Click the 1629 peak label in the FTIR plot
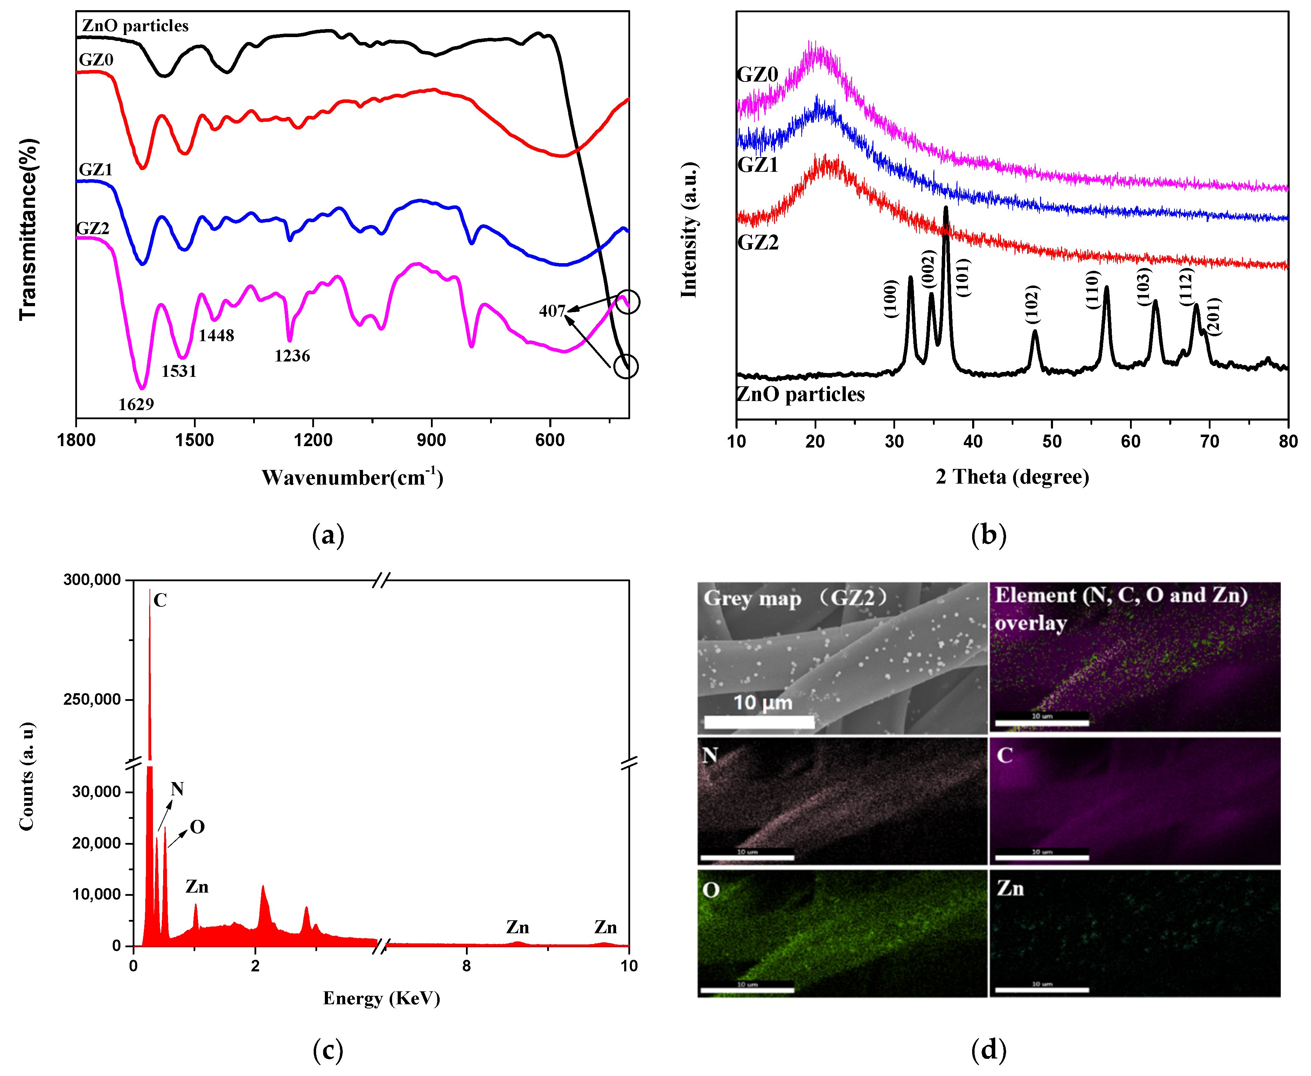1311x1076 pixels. click(136, 404)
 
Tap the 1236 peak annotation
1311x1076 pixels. click(292, 356)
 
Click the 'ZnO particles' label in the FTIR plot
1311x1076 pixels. click(135, 26)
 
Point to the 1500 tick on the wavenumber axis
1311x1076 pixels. click(195, 440)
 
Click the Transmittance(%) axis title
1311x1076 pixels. click(28, 229)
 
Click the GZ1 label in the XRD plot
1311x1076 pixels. click(757, 165)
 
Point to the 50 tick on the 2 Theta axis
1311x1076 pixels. click(1052, 441)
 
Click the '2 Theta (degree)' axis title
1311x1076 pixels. click(1012, 477)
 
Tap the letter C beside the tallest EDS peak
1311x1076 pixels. click(160, 600)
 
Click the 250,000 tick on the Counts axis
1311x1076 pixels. click(92, 699)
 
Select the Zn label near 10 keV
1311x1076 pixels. click(605, 927)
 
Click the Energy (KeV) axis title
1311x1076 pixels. click(381, 998)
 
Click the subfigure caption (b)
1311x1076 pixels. click(989, 534)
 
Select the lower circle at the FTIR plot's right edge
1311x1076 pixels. click(626, 366)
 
